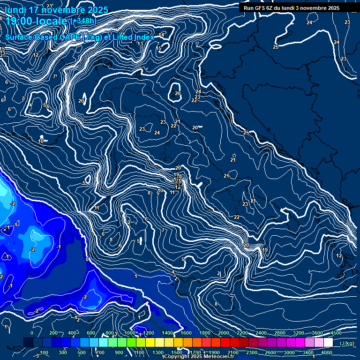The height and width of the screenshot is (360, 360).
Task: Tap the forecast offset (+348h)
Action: click(83, 21)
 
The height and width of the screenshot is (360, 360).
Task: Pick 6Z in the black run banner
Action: click(270, 8)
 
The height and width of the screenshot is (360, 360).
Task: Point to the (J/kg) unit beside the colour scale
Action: click(346, 344)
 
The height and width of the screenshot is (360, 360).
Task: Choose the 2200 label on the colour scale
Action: click(242, 333)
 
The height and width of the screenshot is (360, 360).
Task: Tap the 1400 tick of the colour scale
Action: click(167, 333)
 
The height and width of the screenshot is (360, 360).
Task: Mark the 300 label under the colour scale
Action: click(63, 352)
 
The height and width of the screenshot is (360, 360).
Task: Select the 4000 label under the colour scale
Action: click(327, 352)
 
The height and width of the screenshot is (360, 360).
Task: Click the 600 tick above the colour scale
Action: click(91, 333)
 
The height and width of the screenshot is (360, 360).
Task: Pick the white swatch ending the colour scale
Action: click(328, 343)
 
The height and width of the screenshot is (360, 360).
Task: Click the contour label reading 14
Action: click(162, 35)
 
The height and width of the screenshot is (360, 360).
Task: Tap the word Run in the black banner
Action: click(248, 8)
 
